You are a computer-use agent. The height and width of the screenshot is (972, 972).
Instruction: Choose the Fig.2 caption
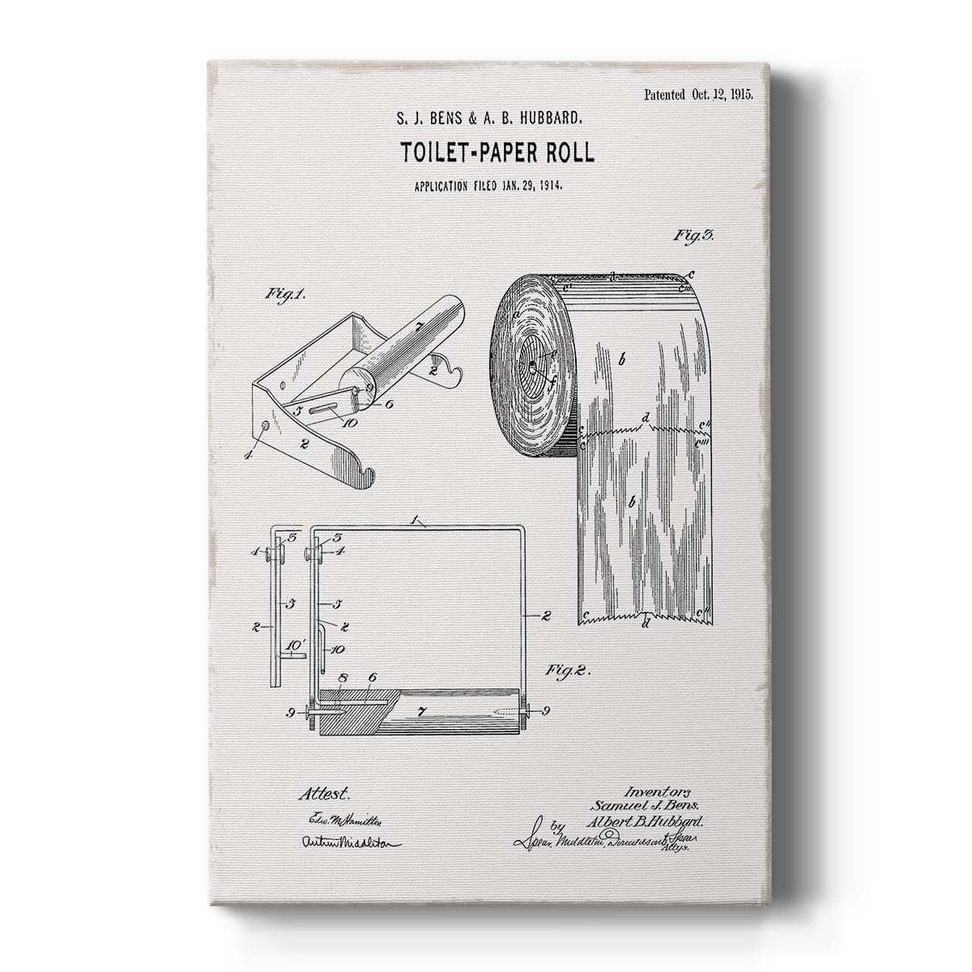tap(568, 671)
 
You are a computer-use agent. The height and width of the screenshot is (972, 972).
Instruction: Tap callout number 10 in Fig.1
tap(350, 423)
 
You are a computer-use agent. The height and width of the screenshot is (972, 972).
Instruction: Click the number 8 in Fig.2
tap(343, 678)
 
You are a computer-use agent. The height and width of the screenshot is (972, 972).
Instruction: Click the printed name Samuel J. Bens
tap(657, 805)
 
